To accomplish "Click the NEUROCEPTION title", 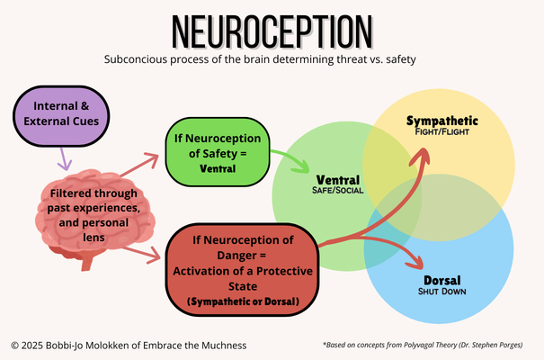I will click(x=272, y=32).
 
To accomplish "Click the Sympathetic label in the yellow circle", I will click(x=441, y=121).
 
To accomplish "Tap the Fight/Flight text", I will click(x=441, y=133).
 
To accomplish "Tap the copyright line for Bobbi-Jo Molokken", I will click(x=128, y=345).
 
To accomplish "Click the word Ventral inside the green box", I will click(x=218, y=167).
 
